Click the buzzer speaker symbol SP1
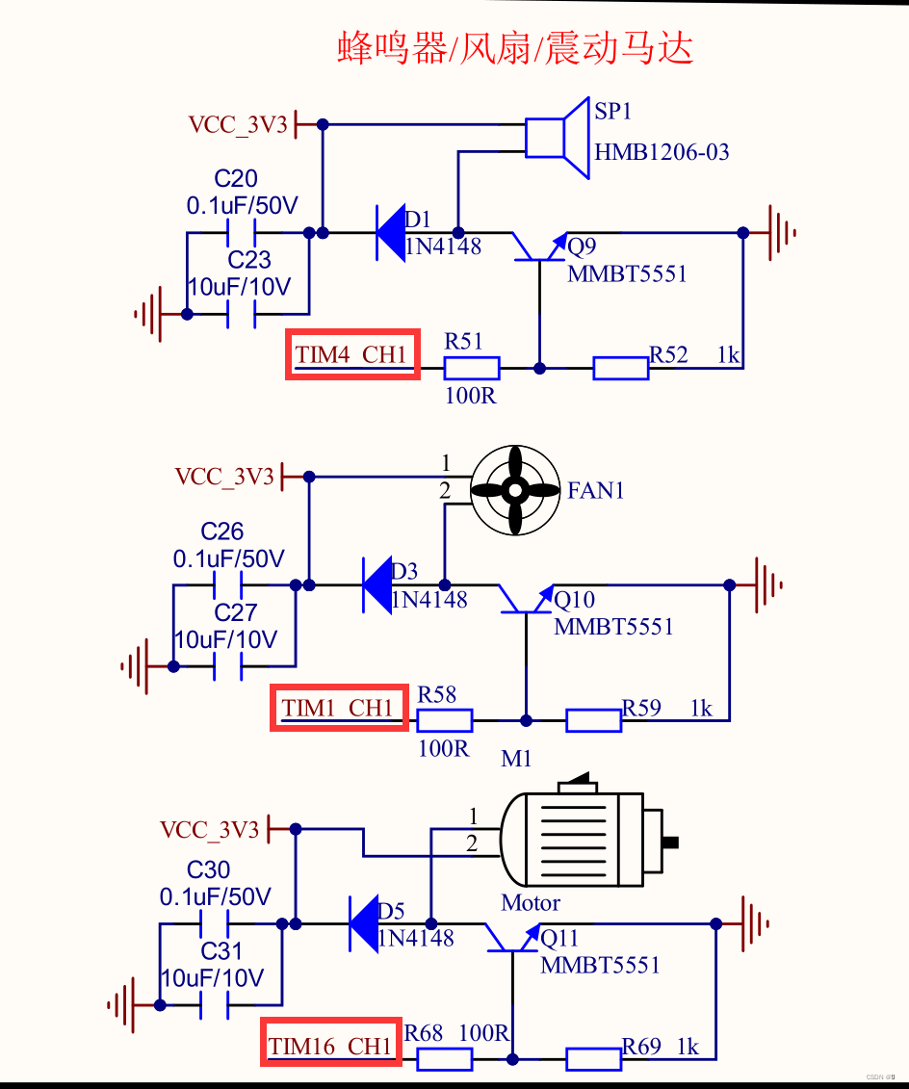pyautogui.click(x=558, y=139)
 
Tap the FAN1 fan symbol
pyautogui.click(x=514, y=490)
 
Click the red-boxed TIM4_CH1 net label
pyautogui.click(x=352, y=354)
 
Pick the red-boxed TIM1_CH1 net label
pyautogui.click(x=339, y=707)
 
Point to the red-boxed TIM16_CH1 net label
pyautogui.click(x=331, y=1042)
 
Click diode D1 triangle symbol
pyautogui.click(x=390, y=233)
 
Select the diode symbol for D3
pyautogui.click(x=377, y=584)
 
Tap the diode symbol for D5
pyautogui.click(x=363, y=923)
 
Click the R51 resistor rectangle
pyautogui.click(x=472, y=368)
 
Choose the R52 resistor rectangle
pyautogui.click(x=621, y=368)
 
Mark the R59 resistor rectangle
pyautogui.click(x=594, y=721)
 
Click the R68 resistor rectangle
pyautogui.click(x=445, y=1059)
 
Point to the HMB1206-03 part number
pyautogui.click(x=662, y=152)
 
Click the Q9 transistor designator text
pyautogui.click(x=582, y=246)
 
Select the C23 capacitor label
pyautogui.click(x=249, y=260)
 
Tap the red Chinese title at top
pyautogui.click(x=515, y=48)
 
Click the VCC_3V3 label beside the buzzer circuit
pyautogui.click(x=238, y=125)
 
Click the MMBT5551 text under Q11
pyautogui.click(x=600, y=965)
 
